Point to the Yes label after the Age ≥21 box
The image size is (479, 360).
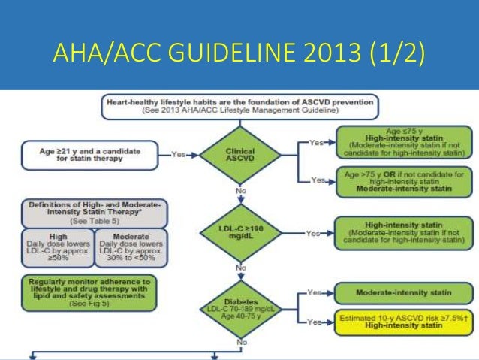coord(178,155)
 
